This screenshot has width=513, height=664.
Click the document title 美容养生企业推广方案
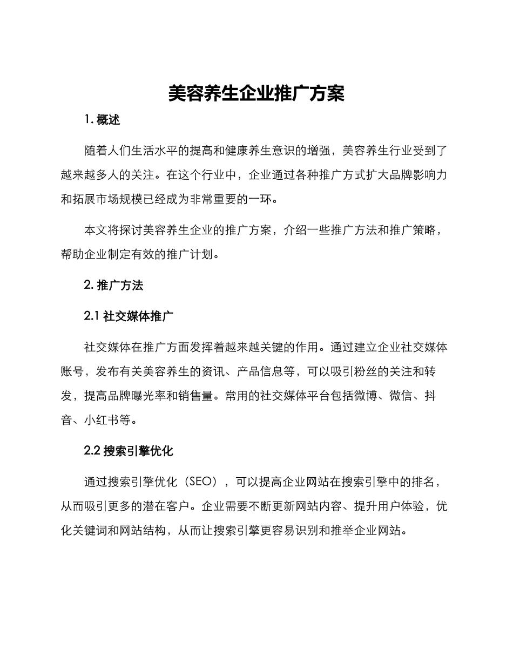256,93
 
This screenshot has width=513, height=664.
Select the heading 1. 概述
103,120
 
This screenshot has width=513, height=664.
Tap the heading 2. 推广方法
114,286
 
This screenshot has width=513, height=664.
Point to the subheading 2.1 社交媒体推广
129,316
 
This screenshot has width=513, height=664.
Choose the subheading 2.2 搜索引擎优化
129,451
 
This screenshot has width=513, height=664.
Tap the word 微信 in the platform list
401,396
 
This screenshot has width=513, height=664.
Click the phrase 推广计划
197,254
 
